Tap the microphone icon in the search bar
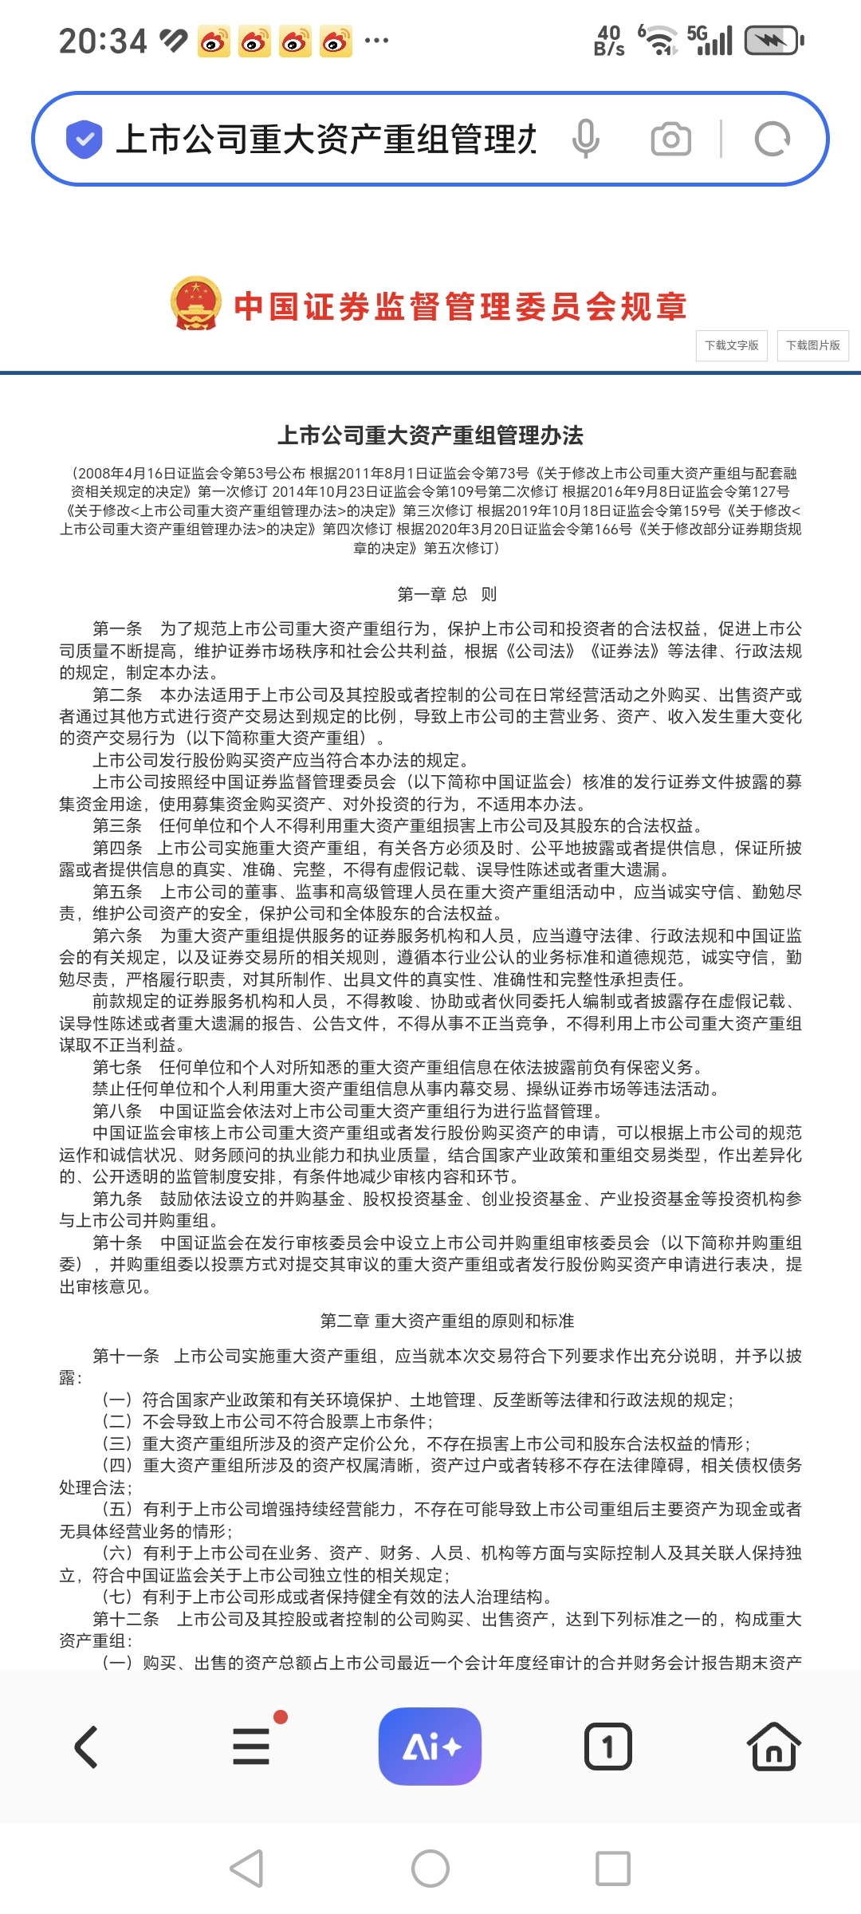coord(585,139)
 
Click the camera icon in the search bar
coord(671,139)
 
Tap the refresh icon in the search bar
coord(772,139)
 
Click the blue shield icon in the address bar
coord(84,139)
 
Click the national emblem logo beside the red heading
coord(195,304)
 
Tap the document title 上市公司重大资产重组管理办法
coord(431,435)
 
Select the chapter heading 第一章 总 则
coord(446,594)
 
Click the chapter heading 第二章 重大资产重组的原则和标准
coord(446,1321)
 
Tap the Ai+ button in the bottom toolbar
coord(430,1746)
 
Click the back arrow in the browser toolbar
coord(86,1747)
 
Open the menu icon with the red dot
coord(252,1746)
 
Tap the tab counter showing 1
coord(607,1747)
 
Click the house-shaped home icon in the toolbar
coord(773,1747)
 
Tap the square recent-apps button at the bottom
coord(613,1869)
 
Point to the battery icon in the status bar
coord(773,41)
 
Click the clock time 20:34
coord(103,41)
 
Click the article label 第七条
coord(117,1067)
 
